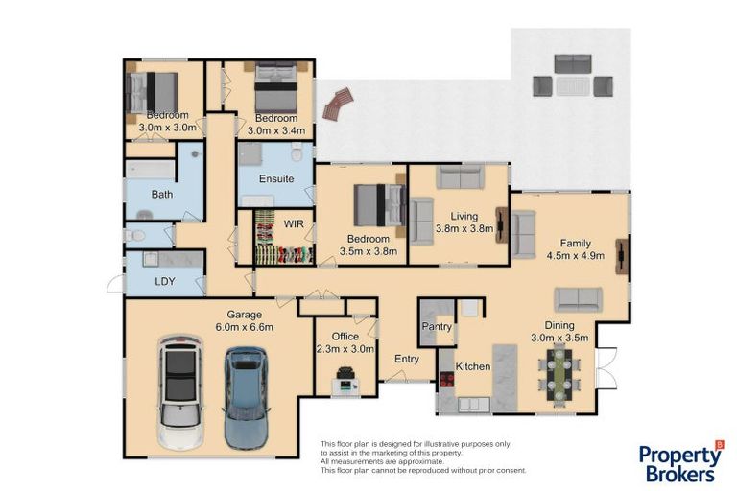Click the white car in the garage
click(x=179, y=391)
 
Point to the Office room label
click(x=345, y=337)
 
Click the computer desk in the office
click(x=345, y=386)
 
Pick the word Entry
click(x=407, y=359)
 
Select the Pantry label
click(x=438, y=327)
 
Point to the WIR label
click(x=293, y=224)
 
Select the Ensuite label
click(x=276, y=179)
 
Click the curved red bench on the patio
click(x=338, y=104)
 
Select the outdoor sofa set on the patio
click(x=573, y=77)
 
